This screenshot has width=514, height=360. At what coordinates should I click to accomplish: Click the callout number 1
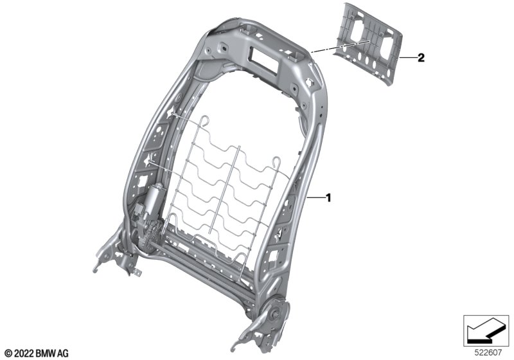click(328, 198)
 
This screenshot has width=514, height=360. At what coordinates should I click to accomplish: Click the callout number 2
click(421, 58)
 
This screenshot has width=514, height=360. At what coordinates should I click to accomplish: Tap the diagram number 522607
click(488, 353)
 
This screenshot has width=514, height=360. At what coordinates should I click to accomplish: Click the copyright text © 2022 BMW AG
click(37, 353)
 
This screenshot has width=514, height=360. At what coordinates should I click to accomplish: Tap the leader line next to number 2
click(407, 57)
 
